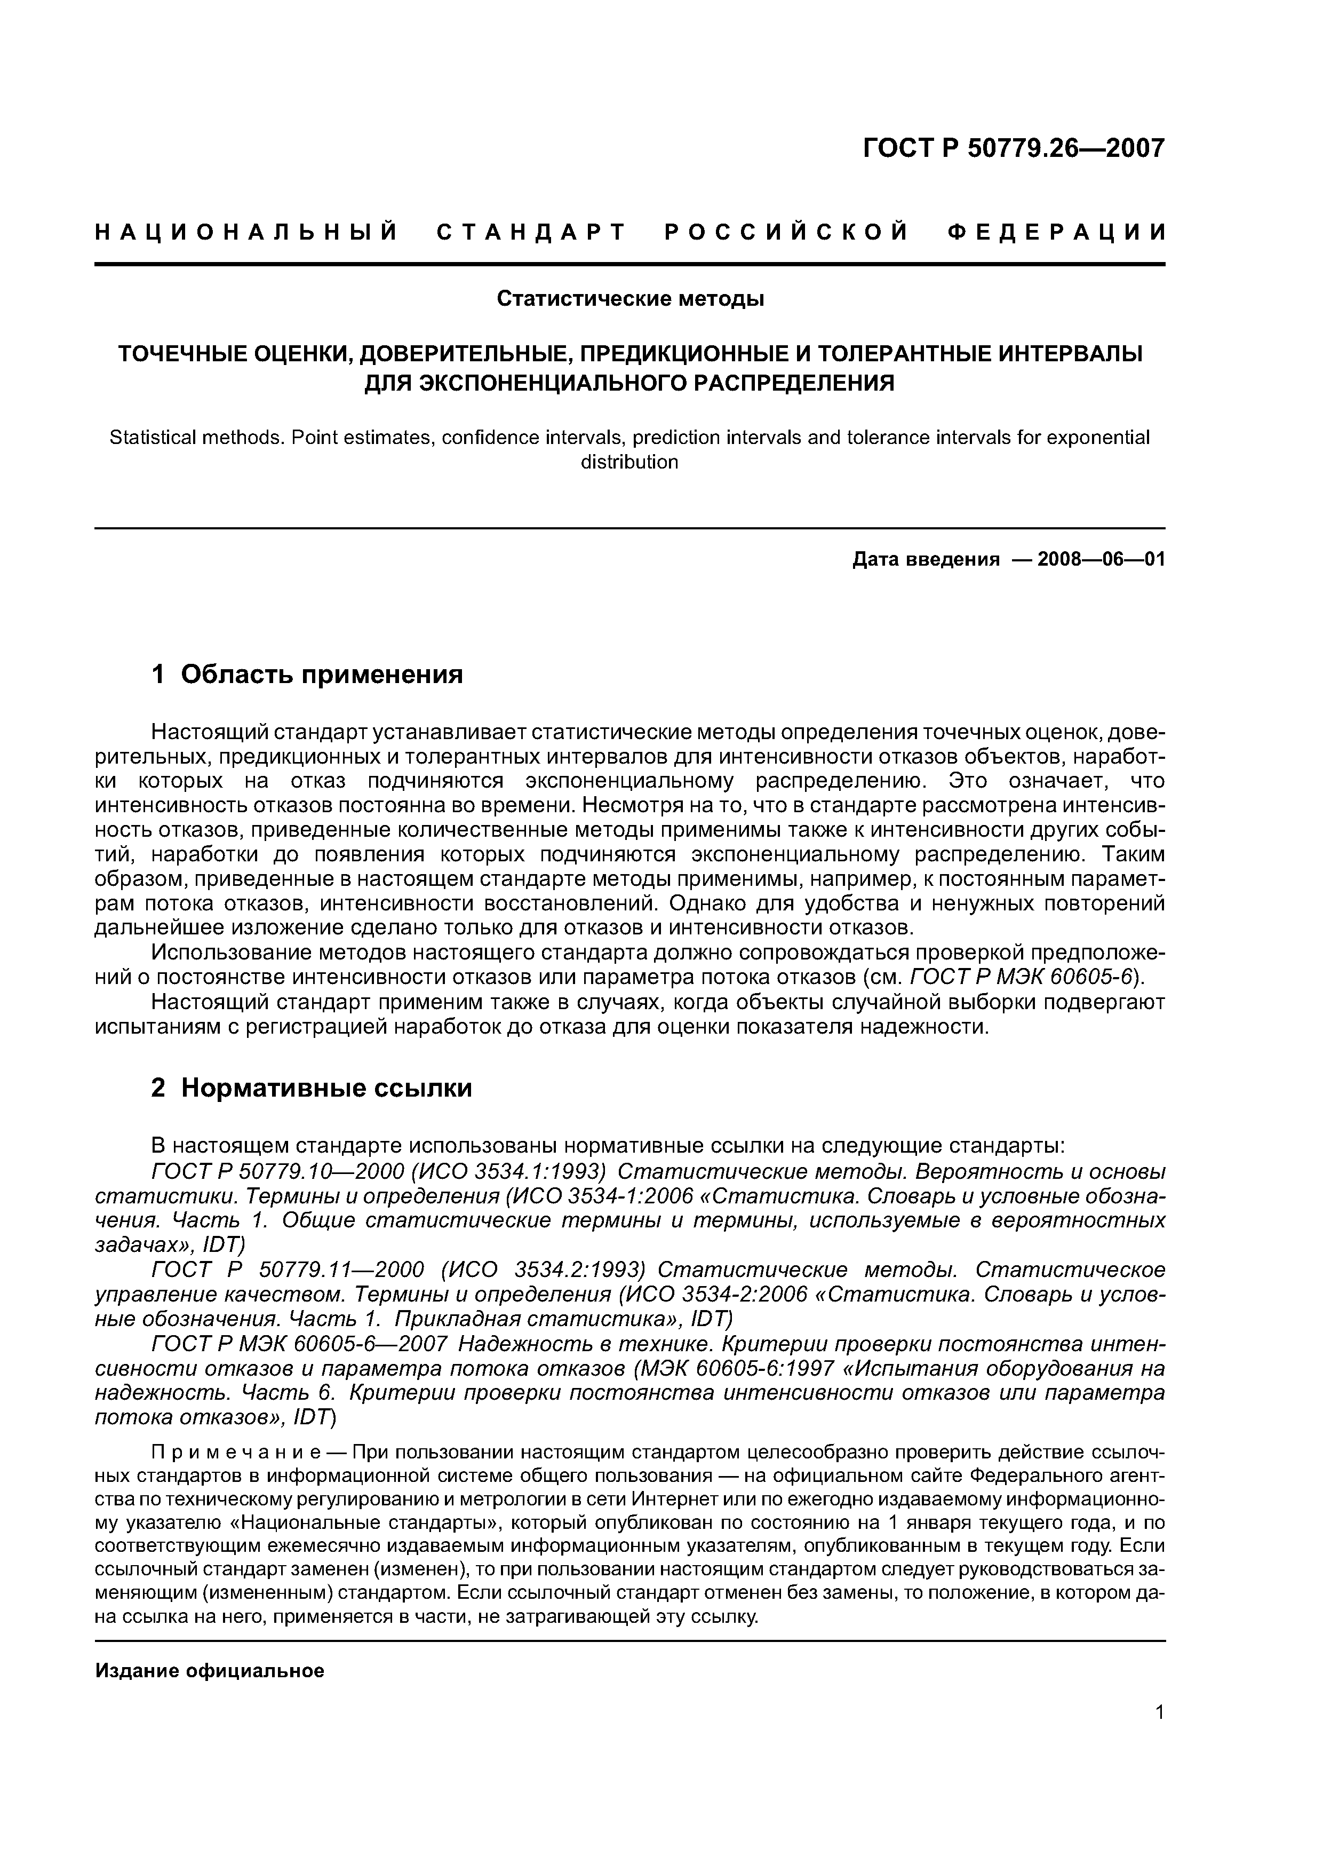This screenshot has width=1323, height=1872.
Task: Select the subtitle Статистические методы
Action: [x=630, y=299]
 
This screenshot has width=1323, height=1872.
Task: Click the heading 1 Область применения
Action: [x=307, y=675]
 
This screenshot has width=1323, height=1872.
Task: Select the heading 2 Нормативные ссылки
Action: [x=312, y=1088]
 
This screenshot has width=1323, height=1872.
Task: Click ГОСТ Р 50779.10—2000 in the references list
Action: [x=278, y=1172]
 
